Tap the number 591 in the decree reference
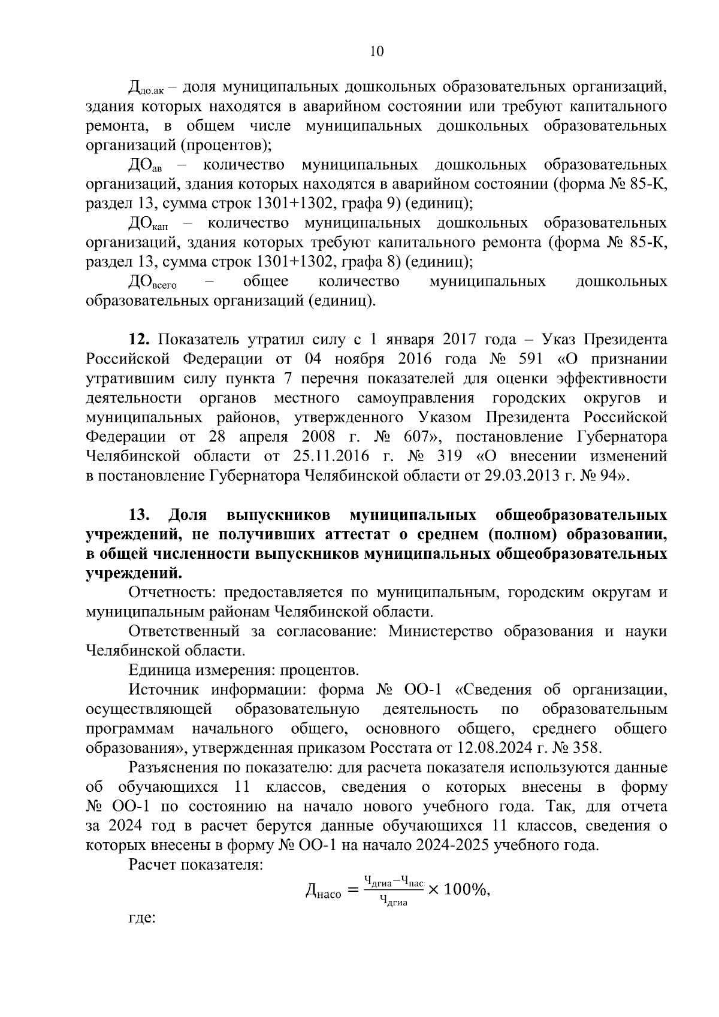tap(527, 359)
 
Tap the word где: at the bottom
tap(142, 935)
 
